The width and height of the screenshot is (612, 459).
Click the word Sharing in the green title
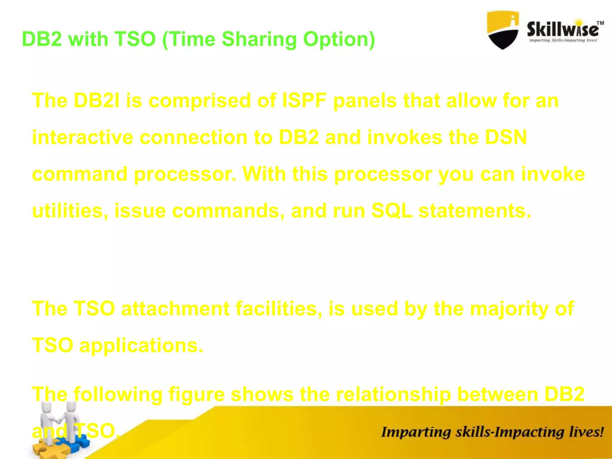pyautogui.click(x=259, y=39)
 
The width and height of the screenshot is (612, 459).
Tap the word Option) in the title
pyautogui.click(x=339, y=39)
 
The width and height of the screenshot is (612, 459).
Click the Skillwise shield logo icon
pyautogui.click(x=503, y=30)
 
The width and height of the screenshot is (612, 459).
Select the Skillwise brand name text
pyautogui.click(x=563, y=29)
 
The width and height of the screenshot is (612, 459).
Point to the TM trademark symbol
pyautogui.click(x=600, y=23)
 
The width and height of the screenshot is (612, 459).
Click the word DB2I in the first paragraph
pyautogui.click(x=97, y=100)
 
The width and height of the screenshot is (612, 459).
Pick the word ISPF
pyautogui.click(x=304, y=100)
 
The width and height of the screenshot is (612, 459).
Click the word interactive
pyautogui.click(x=82, y=137)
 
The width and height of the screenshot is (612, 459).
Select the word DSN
pyautogui.click(x=506, y=137)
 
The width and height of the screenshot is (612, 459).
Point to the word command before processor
pyautogui.click(x=79, y=174)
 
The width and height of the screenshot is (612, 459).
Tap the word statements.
pyautogui.click(x=475, y=211)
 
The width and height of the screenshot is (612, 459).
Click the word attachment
pyautogui.click(x=175, y=308)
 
